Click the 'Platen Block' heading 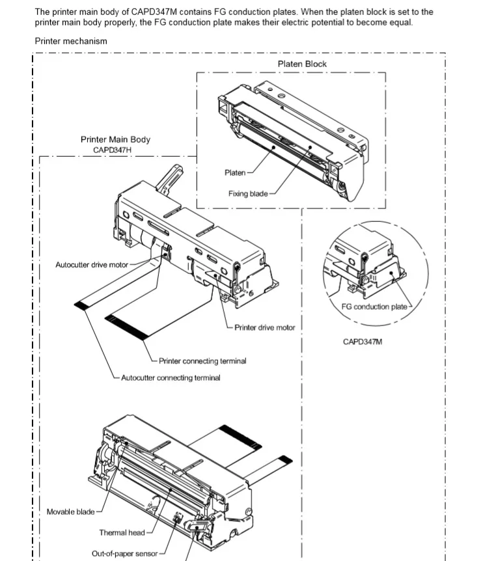[302, 64]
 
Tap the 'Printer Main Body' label [115, 139]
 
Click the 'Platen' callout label [234, 172]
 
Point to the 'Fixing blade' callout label [248, 193]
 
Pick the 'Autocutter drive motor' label [92, 264]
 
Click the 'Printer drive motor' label [265, 327]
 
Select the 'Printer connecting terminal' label [202, 361]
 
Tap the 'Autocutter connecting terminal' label [171, 377]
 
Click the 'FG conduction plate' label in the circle [374, 307]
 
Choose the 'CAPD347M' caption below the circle [363, 341]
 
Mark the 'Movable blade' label [70, 512]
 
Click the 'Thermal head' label [122, 532]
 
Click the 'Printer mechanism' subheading [71, 41]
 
